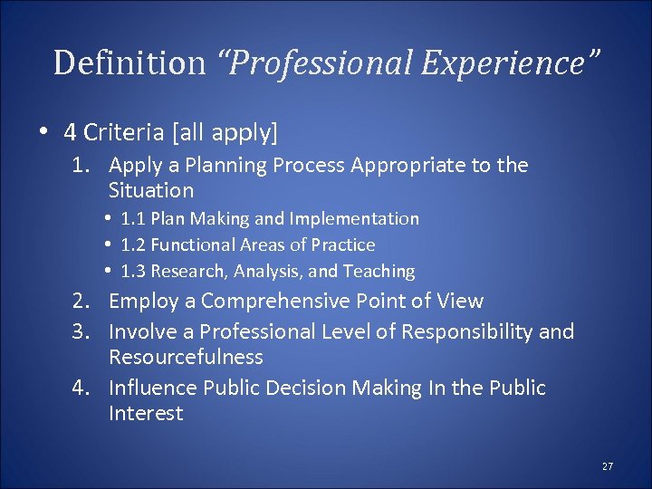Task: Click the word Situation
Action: tap(150, 190)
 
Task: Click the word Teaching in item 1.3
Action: tap(379, 271)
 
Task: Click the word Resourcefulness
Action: tap(186, 357)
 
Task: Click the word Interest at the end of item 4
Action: tap(146, 413)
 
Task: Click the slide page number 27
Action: tap(607, 466)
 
